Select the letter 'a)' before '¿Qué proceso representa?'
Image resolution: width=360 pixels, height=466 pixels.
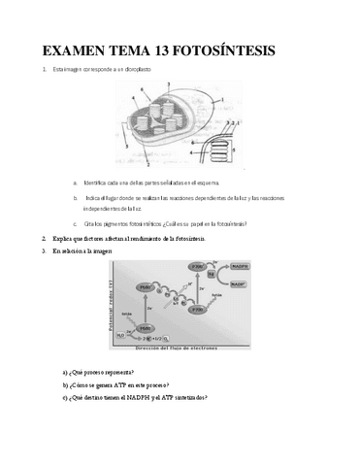64,373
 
